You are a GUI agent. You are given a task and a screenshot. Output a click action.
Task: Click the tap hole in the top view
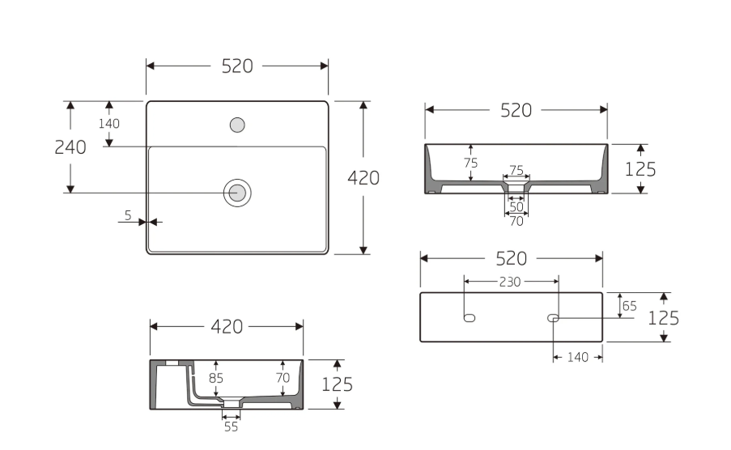(x=237, y=125)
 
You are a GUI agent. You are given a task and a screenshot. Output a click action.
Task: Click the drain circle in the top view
(x=237, y=192)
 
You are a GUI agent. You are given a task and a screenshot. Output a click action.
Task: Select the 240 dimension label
(x=70, y=147)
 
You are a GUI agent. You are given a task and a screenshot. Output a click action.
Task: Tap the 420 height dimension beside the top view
(x=363, y=178)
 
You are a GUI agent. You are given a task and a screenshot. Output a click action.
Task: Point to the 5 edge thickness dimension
(x=128, y=214)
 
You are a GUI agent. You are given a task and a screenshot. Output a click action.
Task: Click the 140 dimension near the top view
(x=109, y=124)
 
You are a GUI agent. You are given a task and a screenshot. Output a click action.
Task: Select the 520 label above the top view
(x=237, y=66)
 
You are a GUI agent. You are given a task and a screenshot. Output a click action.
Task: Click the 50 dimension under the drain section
(x=516, y=207)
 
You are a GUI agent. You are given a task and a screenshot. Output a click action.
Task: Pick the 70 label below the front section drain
(x=516, y=220)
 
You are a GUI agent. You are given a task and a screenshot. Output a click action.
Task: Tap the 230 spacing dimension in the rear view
(x=511, y=282)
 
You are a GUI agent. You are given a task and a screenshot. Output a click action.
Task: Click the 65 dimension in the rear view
(x=629, y=306)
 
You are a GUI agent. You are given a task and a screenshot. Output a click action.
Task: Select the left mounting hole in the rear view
(x=469, y=317)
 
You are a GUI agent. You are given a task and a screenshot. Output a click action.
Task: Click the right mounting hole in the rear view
(x=554, y=317)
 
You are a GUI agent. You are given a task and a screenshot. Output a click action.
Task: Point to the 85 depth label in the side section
(x=215, y=378)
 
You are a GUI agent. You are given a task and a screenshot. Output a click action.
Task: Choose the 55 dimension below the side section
(x=232, y=427)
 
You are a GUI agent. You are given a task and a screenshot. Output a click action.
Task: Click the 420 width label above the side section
(x=227, y=326)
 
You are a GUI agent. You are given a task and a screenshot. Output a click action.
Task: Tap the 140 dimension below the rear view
(x=578, y=356)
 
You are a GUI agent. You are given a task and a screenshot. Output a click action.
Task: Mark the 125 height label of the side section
(x=337, y=384)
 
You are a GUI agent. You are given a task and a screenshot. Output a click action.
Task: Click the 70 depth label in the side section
(x=283, y=377)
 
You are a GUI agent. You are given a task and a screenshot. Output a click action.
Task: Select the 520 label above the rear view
(x=511, y=258)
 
